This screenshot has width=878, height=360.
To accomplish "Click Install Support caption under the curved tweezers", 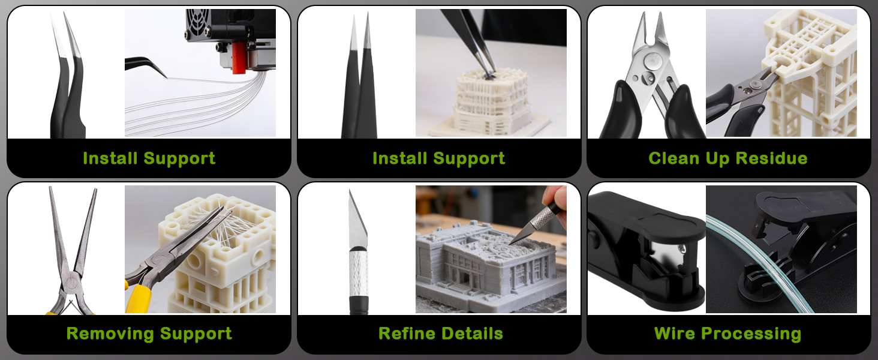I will [149, 158].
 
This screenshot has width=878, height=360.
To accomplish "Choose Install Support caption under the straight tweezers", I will [438, 158].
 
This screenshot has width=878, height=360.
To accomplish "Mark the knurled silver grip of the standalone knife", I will [358, 270].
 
